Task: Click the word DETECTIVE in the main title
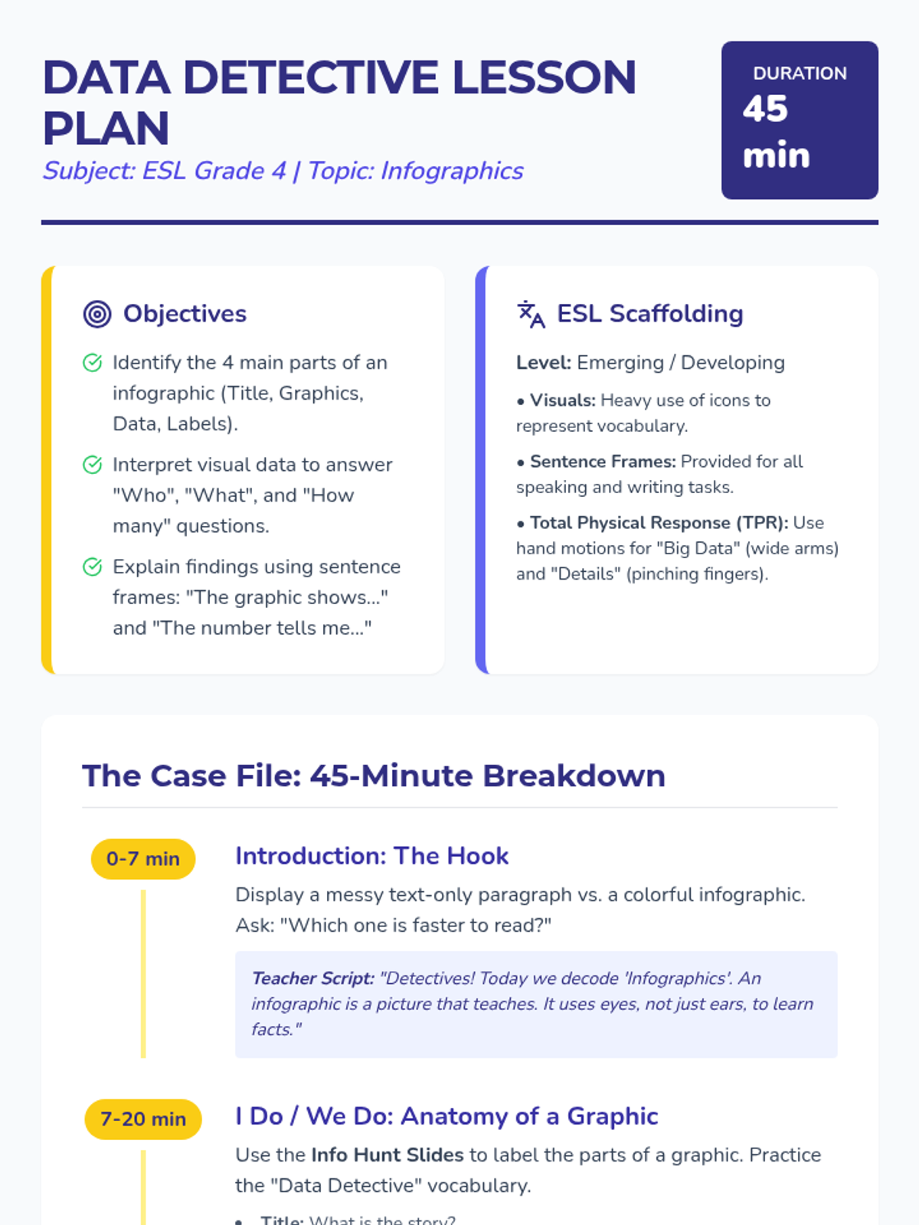pyautogui.click(x=311, y=77)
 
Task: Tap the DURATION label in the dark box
pyautogui.click(x=800, y=73)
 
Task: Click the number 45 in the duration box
pyautogui.click(x=765, y=109)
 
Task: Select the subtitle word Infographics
pyautogui.click(x=452, y=171)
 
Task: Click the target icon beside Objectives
pyautogui.click(x=97, y=314)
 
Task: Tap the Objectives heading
pyautogui.click(x=185, y=314)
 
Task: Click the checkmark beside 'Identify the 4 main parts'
pyautogui.click(x=92, y=363)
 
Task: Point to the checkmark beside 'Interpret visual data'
pyautogui.click(x=92, y=465)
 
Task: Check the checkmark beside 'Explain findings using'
pyautogui.click(x=92, y=567)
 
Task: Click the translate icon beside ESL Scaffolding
pyautogui.click(x=531, y=314)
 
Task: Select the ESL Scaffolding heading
pyautogui.click(x=649, y=314)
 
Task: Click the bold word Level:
pyautogui.click(x=544, y=363)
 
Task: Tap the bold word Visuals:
pyautogui.click(x=563, y=400)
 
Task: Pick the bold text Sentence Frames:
pyautogui.click(x=603, y=462)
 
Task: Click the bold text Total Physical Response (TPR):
pyautogui.click(x=659, y=523)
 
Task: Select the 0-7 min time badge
pyautogui.click(x=143, y=859)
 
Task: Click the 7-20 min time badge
pyautogui.click(x=143, y=1119)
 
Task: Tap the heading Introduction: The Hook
pyautogui.click(x=371, y=856)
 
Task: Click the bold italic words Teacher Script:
pyautogui.click(x=313, y=978)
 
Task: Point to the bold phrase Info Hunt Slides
pyautogui.click(x=388, y=1155)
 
